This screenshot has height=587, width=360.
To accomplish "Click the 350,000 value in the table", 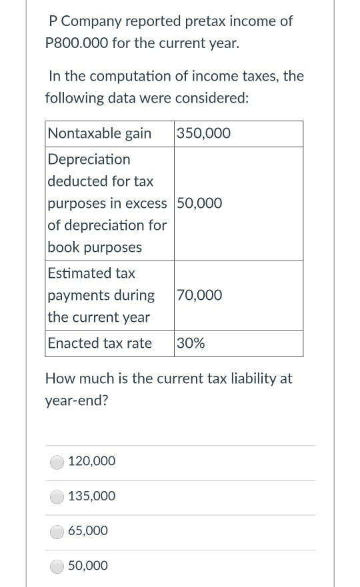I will pos(204,133).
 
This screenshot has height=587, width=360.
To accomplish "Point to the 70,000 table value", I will pos(200,295).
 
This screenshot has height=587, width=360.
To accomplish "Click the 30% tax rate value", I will pos(191,344).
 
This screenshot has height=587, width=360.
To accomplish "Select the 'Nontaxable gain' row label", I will pos(99,133).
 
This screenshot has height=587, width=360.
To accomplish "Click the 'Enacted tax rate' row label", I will pos(99,344).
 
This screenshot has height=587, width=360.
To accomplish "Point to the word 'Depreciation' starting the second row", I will pos(89,159).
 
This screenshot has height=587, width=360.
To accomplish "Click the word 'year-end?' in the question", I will pos(75,401).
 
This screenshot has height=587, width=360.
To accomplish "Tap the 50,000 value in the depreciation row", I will pos(200,203).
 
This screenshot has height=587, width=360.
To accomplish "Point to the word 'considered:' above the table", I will pos(215,98).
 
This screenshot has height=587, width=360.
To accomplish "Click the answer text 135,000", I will pos(92,496).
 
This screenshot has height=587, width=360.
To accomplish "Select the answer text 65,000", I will pos(88,531).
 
